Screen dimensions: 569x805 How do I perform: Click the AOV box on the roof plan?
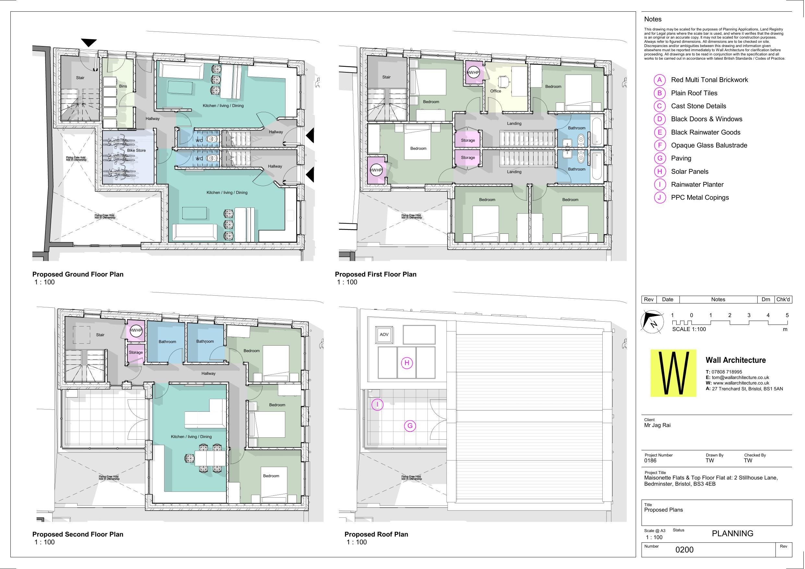pyautogui.click(x=384, y=335)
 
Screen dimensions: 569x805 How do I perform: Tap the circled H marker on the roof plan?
pyautogui.click(x=407, y=363)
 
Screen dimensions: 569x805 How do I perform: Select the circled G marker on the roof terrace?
pyautogui.click(x=410, y=426)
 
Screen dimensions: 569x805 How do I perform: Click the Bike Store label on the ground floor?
pyautogui.click(x=137, y=150)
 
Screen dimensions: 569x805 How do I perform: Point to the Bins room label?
pyautogui.click(x=123, y=86)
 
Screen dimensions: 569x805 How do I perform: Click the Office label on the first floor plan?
pyautogui.click(x=495, y=91)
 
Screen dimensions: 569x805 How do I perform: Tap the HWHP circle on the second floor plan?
pyautogui.click(x=136, y=330)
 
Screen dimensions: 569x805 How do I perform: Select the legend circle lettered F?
pyautogui.click(x=659, y=145)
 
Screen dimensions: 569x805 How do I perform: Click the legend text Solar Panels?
pyautogui.click(x=689, y=172)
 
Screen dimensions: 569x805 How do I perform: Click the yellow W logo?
pyautogui.click(x=673, y=373)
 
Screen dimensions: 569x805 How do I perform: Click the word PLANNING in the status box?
pyautogui.click(x=732, y=533)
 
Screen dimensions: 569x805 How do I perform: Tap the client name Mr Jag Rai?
pyautogui.click(x=657, y=425)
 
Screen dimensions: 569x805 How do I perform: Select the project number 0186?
pyautogui.click(x=650, y=461)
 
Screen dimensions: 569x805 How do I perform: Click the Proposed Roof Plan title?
pyautogui.click(x=376, y=534)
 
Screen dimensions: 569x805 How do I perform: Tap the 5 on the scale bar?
pyautogui.click(x=787, y=315)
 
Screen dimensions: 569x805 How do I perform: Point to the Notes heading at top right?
pyautogui.click(x=653, y=19)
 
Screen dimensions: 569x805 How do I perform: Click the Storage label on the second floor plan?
pyautogui.click(x=136, y=352)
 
